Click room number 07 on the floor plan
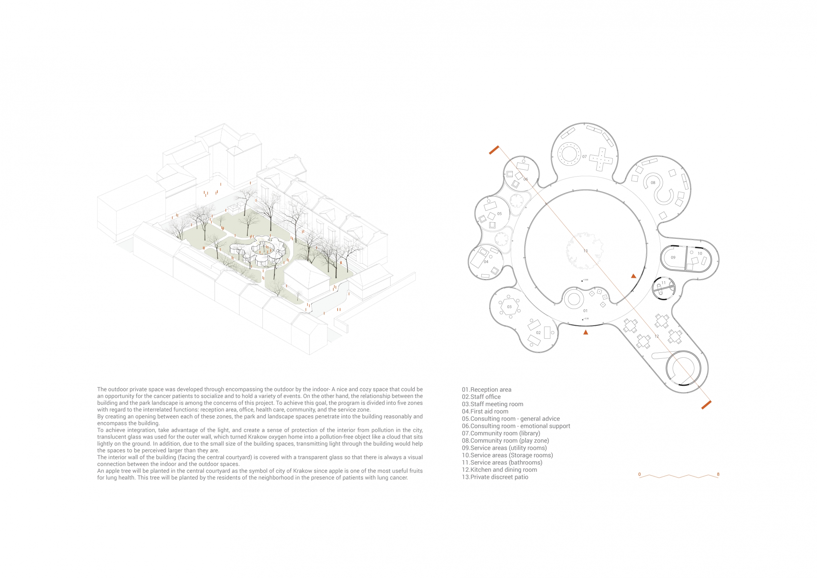tap(584, 157)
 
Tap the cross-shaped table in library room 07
tap(601, 160)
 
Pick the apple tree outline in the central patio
tap(584, 250)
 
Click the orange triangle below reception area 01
tap(586, 332)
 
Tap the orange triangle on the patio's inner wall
tap(633, 276)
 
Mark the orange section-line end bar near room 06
tap(494, 150)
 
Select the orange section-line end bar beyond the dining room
tap(706, 405)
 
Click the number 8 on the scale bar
tap(718, 474)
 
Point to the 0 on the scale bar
tap(640, 474)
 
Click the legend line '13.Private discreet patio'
tap(495, 477)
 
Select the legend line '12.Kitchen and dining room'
tap(499, 470)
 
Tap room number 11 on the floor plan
tap(663, 283)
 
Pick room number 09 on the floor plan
tap(673, 257)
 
